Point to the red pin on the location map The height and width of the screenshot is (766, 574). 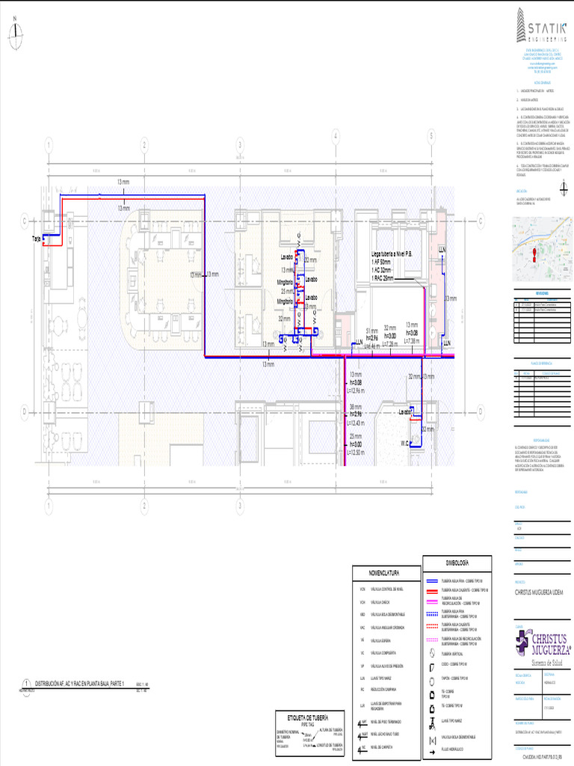pos(534,254)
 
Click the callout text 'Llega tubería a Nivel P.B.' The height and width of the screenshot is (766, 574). pos(396,254)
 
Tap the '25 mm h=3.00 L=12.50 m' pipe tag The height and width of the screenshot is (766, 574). pos(356,444)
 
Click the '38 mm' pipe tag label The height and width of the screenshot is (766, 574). pos(356,407)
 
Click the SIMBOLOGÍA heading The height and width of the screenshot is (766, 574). pos(457,562)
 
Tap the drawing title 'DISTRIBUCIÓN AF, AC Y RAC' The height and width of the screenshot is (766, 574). pos(84,684)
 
